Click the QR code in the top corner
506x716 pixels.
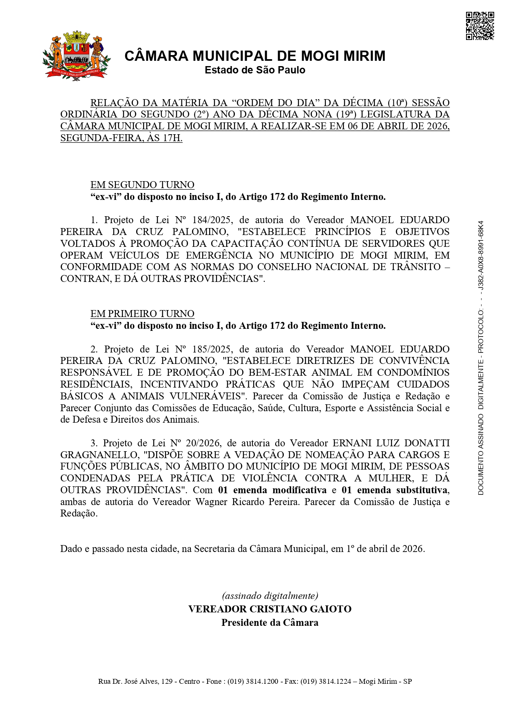[480, 26]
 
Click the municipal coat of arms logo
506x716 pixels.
[76, 55]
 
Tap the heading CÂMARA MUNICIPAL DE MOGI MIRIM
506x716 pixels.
[255, 56]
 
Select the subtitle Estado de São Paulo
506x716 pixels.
[255, 70]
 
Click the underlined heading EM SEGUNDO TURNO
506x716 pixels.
[142, 185]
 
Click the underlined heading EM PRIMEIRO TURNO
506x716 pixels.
[142, 314]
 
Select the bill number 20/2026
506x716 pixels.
[203, 443]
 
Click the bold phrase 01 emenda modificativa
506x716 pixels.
[272, 490]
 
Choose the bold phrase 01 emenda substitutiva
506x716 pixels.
[395, 490]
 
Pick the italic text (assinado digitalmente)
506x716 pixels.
[270, 596]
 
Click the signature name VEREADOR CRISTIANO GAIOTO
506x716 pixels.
[270, 609]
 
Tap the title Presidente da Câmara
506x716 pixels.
[270, 623]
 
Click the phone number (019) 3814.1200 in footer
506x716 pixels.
[253, 681]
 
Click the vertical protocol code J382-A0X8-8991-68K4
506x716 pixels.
[481, 255]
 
